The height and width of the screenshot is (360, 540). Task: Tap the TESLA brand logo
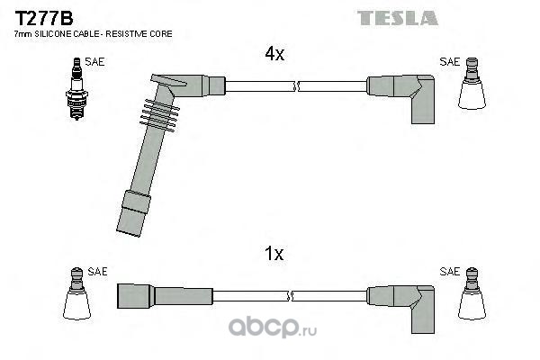397,17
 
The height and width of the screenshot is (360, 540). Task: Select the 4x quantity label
274,55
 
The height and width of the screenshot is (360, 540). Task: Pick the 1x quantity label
274,254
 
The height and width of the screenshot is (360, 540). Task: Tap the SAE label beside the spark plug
94,62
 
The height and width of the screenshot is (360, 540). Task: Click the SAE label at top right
449,62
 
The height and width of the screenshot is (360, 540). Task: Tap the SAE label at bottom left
97,271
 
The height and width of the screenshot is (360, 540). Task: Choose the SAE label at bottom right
449,271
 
